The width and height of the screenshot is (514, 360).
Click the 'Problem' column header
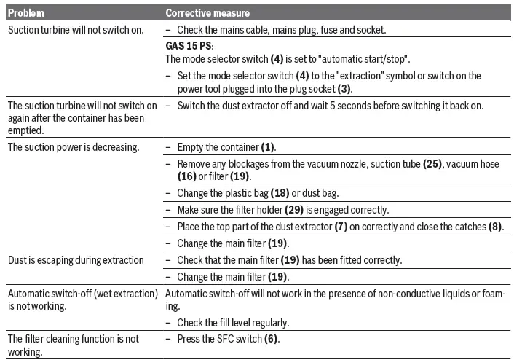27,13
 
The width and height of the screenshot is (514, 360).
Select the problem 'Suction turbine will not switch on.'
75,30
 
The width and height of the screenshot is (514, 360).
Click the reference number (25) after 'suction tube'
433,164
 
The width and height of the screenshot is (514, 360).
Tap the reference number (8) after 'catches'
496,226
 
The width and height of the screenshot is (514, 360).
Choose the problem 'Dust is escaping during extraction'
76,260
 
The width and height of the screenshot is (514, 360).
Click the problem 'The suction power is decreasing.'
73,147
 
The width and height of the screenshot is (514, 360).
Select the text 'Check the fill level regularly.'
233,322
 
